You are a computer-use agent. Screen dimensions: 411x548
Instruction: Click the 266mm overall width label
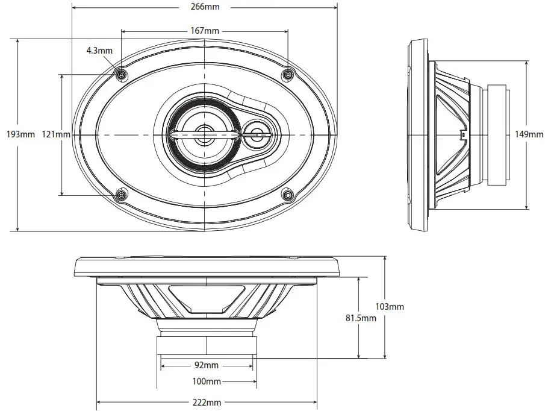coord(204,8)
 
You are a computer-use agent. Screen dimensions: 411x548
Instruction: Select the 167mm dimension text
coord(204,30)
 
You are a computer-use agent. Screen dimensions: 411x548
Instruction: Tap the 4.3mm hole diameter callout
coord(99,51)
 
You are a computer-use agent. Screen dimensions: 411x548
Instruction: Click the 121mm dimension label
coord(55,134)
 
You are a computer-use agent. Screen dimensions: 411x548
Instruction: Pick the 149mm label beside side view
coord(530,134)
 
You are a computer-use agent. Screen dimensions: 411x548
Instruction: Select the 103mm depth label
coord(391,307)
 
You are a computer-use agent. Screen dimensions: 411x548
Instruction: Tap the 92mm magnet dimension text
coord(207,365)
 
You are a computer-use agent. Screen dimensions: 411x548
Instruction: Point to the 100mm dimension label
coord(207,381)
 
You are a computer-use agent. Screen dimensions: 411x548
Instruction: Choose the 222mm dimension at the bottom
coord(207,403)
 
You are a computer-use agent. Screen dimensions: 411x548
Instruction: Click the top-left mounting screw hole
coord(121,74)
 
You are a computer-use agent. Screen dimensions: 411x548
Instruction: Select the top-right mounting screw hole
coord(288,74)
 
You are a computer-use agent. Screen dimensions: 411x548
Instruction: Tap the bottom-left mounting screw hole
coord(121,195)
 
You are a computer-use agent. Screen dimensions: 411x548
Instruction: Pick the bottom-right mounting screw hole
coord(288,195)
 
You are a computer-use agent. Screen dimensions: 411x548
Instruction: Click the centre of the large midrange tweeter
coord(204,134)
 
